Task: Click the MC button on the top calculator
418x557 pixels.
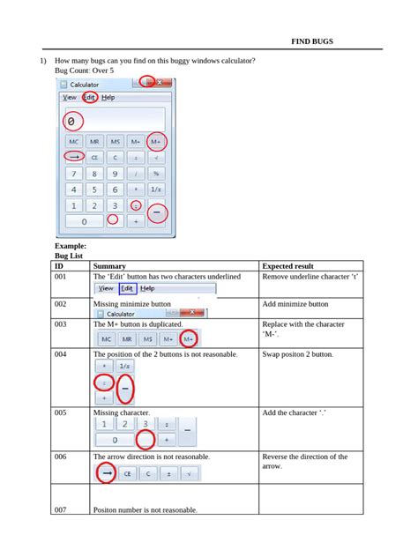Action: [74, 141]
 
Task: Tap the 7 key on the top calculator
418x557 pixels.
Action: [74, 174]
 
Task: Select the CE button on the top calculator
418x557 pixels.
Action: [94, 157]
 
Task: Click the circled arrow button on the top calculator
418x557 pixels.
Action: [74, 157]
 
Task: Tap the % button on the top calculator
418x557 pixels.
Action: [156, 174]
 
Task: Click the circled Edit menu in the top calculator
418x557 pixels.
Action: [89, 97]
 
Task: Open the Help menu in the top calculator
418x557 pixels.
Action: [108, 97]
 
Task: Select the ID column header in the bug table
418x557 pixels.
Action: [59, 265]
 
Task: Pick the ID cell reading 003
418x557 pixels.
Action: [60, 324]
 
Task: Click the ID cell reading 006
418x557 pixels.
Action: [60, 457]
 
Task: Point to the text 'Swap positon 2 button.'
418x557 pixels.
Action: [298, 354]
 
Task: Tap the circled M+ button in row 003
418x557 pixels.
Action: [187, 339]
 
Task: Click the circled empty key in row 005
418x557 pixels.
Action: [145, 438]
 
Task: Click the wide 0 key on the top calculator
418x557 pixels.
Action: [85, 221]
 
